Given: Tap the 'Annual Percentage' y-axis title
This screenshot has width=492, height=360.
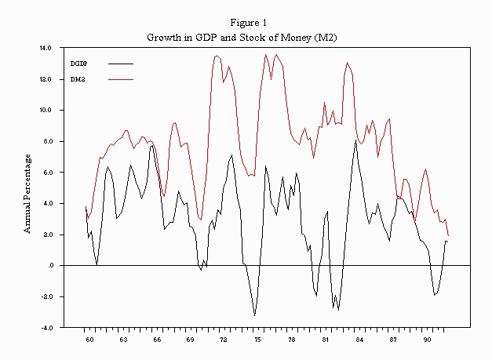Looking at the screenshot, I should coord(27,193).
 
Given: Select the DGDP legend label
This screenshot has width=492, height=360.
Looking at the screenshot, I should coord(79,63).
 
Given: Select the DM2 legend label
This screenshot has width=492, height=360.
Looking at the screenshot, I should coord(78,78).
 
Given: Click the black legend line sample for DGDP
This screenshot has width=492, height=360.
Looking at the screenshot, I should coord(120,63).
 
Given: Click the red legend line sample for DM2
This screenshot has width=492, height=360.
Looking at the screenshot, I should coord(120,78).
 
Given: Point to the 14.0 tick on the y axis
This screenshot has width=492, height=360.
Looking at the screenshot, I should coord(46,48).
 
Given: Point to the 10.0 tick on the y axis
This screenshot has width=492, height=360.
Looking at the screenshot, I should coord(46,110).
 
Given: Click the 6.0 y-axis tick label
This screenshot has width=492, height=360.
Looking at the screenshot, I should coord(46,173).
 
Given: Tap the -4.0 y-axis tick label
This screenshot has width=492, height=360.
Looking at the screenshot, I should coord(46,328).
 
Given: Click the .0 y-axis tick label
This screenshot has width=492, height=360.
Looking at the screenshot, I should coord(49,266).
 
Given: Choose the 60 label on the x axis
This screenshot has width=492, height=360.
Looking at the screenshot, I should coord(89,340).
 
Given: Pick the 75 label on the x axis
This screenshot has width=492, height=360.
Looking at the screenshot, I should coord(258,340).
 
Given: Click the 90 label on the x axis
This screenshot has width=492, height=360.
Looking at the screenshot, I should coord(428,340).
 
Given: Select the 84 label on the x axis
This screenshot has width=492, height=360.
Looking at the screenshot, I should coord(359,340).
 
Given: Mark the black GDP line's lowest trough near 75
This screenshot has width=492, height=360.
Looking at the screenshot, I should coord(254,315).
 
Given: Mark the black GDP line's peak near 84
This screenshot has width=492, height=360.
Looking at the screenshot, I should coord(356,141).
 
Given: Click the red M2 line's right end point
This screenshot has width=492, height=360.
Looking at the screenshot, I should coord(449,235).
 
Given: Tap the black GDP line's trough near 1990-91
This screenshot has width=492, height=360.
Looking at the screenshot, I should coord(434,295).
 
